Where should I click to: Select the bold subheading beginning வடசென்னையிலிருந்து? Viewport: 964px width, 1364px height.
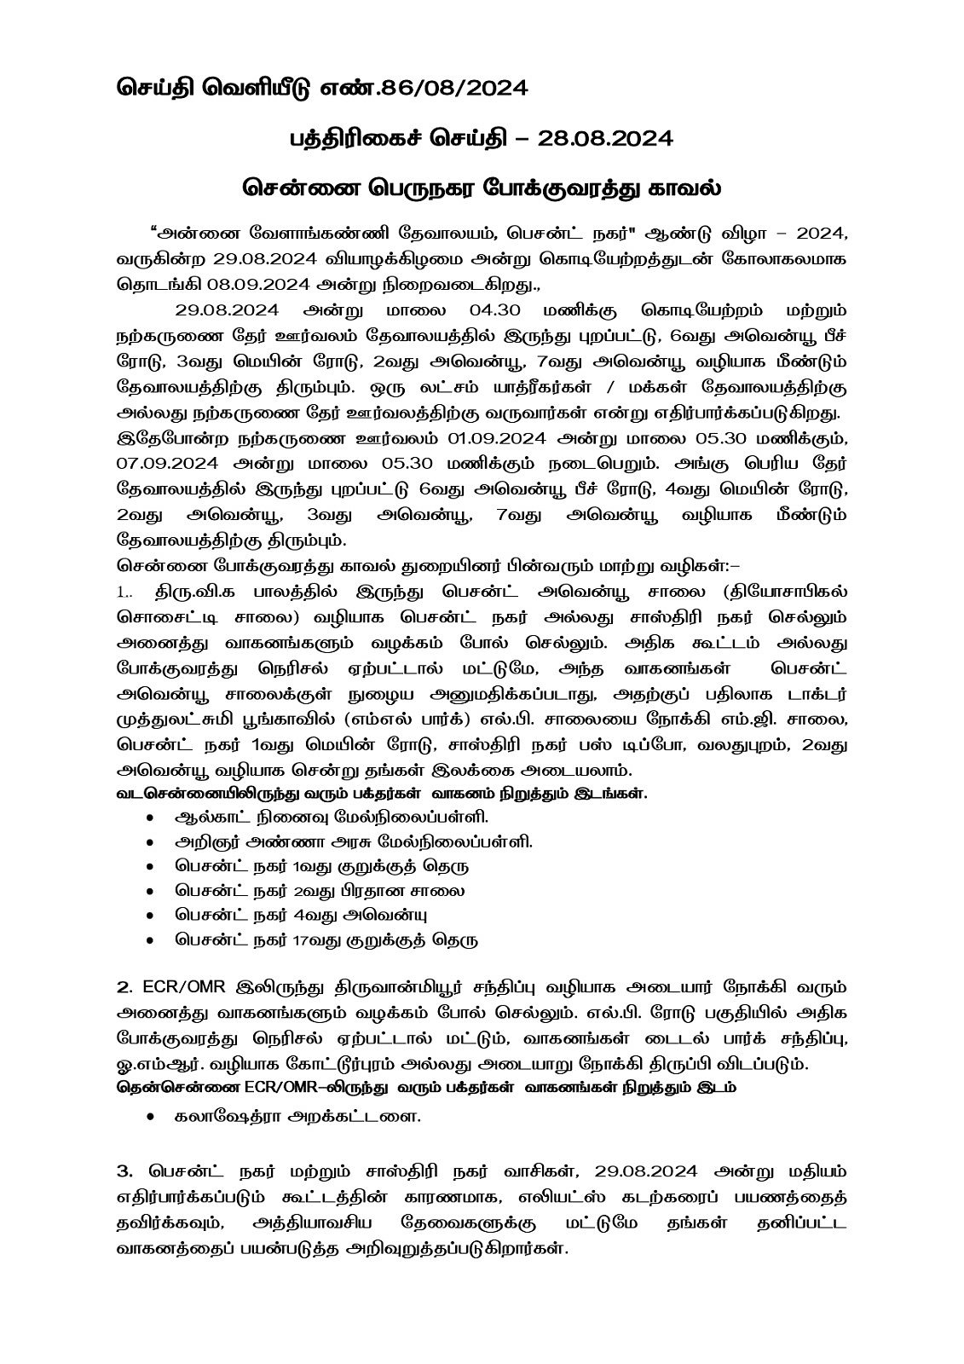click(381, 793)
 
